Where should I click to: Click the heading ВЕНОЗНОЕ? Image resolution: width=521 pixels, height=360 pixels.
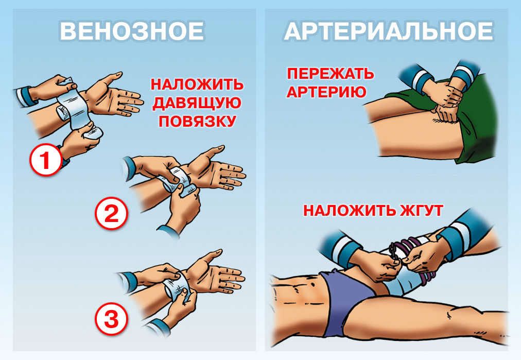pyautogui.click(x=132, y=31)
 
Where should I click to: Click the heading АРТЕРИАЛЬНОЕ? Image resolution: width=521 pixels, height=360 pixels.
pyautogui.click(x=389, y=31)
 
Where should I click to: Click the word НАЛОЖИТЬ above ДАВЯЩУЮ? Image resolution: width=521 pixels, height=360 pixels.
pyautogui.click(x=197, y=84)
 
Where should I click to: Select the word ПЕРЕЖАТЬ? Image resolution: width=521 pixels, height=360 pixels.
pyautogui.click(x=330, y=74)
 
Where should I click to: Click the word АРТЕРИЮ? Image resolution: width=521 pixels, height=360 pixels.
pyautogui.click(x=327, y=92)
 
